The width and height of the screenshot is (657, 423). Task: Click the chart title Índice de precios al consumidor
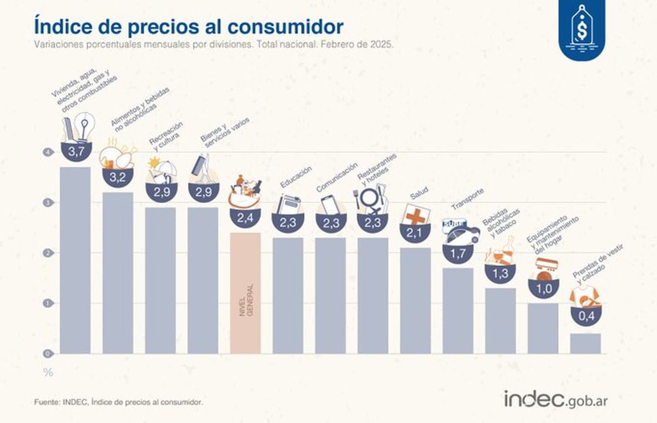click(x=189, y=26)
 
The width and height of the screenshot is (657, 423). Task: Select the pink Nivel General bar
click(x=245, y=293)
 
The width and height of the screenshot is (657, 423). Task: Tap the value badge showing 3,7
click(x=75, y=152)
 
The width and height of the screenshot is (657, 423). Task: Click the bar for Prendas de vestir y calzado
click(x=585, y=343)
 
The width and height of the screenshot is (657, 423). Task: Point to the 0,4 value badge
click(x=586, y=316)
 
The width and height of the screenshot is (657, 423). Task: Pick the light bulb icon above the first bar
click(x=84, y=127)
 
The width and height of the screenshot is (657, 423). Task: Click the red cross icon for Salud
click(x=416, y=215)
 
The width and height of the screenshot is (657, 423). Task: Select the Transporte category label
click(x=467, y=199)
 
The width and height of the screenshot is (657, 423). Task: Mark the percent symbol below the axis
click(x=48, y=373)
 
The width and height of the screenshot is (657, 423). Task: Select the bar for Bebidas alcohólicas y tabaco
click(x=500, y=320)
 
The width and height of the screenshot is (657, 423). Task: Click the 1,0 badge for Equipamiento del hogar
click(x=543, y=288)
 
